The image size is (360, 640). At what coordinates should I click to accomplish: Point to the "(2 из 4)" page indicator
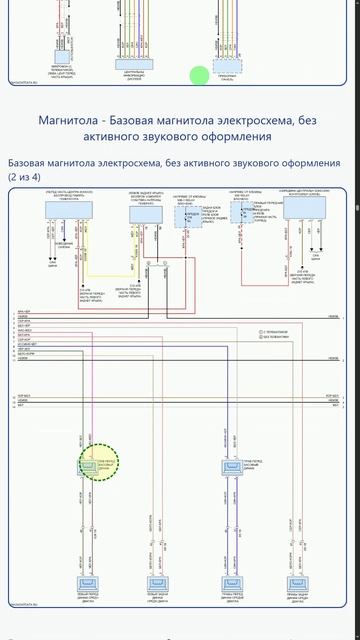tap(32, 176)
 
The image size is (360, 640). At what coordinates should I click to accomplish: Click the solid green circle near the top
tap(200, 75)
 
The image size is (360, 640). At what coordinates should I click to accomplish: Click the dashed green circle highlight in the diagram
tap(99, 463)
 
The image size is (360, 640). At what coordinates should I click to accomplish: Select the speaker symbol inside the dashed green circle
tap(88, 464)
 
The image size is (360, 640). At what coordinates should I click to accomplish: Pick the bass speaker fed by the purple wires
tap(231, 465)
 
